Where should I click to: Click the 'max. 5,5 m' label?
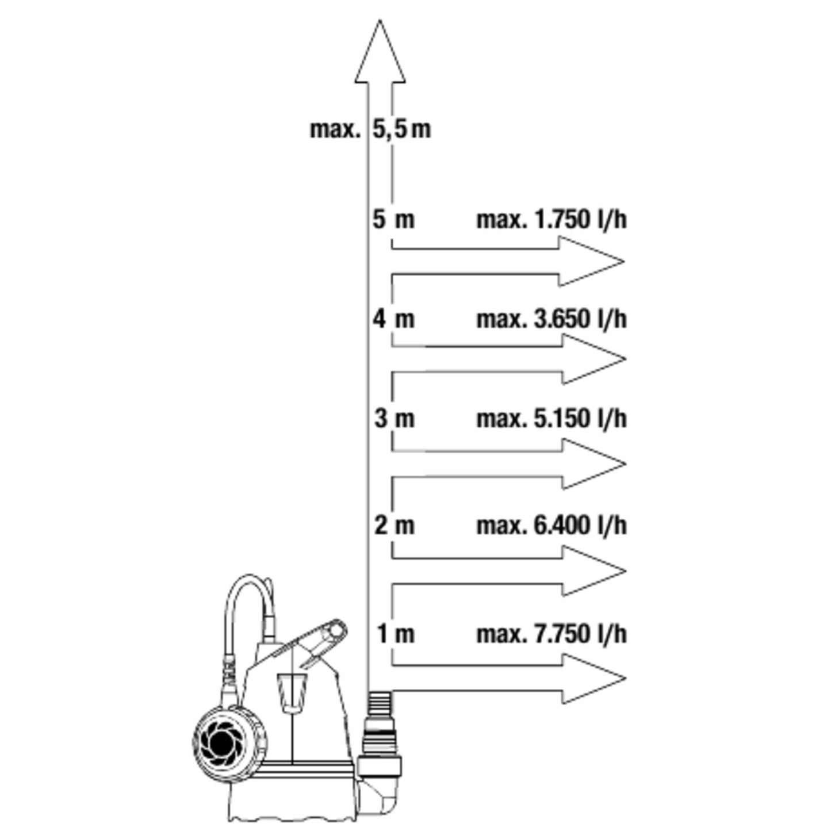pos(370,129)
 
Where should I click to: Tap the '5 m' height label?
pos(393,220)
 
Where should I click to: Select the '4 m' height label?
pos(393,319)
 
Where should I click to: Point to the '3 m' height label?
pos(394,418)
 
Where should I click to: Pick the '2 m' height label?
pos(394,525)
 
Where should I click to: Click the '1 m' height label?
pos(395,634)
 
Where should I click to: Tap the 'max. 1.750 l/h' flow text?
pos(551,220)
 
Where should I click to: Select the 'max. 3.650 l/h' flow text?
pos(551,319)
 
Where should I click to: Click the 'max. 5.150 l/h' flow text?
pos(551,418)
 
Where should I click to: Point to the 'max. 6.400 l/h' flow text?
pos(551,525)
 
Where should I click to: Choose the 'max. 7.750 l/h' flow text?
pos(551,634)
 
